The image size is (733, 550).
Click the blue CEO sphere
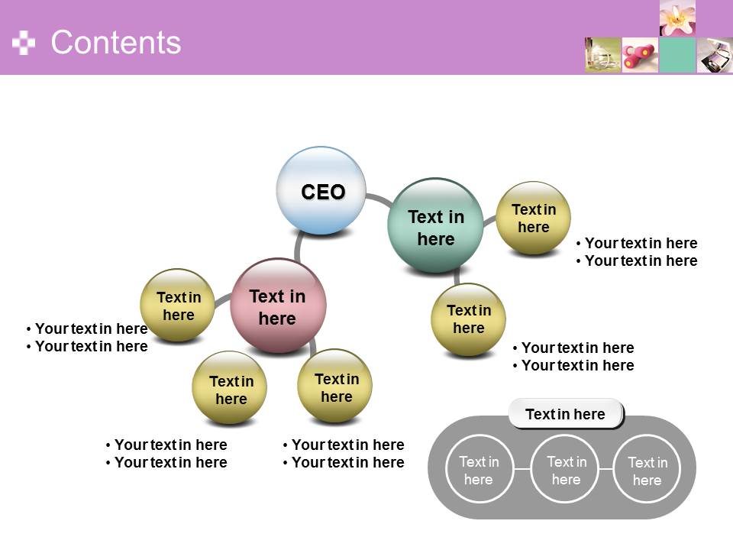pos(321,190)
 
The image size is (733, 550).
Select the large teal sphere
pos(435,225)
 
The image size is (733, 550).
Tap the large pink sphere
pos(278,306)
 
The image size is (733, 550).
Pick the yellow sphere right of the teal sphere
pos(533,218)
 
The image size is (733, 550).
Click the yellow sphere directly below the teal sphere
pos(468,320)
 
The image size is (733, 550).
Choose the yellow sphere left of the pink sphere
pos(178,306)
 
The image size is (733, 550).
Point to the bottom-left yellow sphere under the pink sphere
pos(230,388)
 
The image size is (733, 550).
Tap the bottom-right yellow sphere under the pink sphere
pos(334,386)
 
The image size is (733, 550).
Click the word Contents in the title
pos(116,43)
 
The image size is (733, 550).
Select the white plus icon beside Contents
pos(24,43)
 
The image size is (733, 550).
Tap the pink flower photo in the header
pos(677,18)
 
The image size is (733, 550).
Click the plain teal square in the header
pos(677,55)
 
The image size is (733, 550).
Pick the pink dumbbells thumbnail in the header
pos(640,55)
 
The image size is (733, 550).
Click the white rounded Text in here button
pos(566,414)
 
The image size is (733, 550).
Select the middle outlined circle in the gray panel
pos(565,469)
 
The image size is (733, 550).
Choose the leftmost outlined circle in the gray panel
pos(480,469)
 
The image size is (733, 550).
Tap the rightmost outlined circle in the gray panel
pos(647,469)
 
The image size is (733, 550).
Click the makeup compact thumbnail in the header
pos(715,55)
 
